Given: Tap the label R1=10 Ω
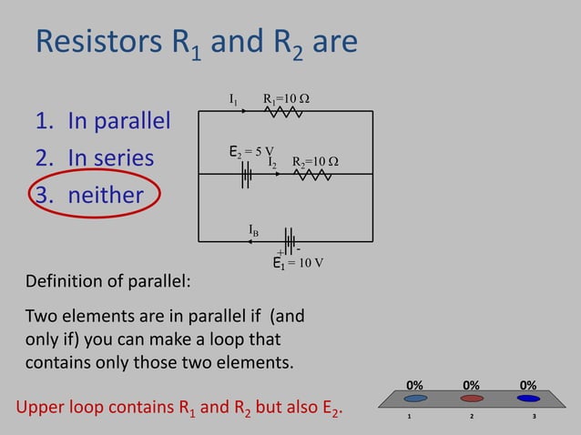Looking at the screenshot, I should pyautogui.click(x=286, y=98).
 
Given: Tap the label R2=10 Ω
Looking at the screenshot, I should pyautogui.click(x=315, y=162).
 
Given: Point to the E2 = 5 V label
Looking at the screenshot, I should pyautogui.click(x=250, y=150).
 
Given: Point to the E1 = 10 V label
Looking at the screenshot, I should pyautogui.click(x=299, y=264).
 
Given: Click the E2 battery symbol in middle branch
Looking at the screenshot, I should pyautogui.click(x=246, y=174).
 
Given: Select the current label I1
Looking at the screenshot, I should pyautogui.click(x=234, y=98).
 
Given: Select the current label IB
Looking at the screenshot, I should pyautogui.click(x=254, y=232).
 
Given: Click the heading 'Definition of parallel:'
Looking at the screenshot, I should pyautogui.click(x=107, y=280).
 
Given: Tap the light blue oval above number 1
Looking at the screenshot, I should pyautogui.click(x=415, y=399).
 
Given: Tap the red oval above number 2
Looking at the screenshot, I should pyautogui.click(x=472, y=399).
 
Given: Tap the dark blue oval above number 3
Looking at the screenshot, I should pyautogui.click(x=528, y=399).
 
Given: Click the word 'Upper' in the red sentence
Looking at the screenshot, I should pyautogui.click(x=46, y=407).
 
